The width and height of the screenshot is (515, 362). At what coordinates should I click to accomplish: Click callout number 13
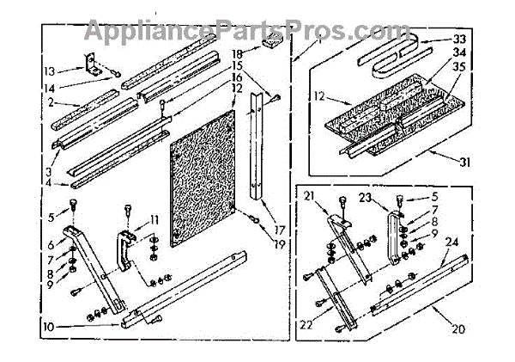pos(49,71)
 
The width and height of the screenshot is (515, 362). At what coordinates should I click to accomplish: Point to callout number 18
pos(234,54)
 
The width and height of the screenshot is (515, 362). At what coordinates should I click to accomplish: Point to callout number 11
pos(154,219)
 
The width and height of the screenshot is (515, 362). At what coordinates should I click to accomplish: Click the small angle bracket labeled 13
pos(88,62)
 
